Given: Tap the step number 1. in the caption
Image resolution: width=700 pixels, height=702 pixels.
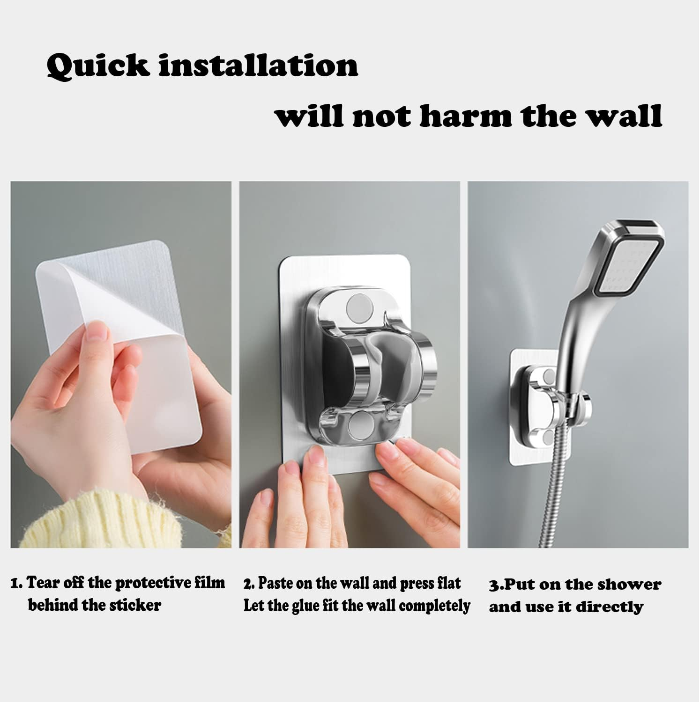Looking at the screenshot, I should (17, 584).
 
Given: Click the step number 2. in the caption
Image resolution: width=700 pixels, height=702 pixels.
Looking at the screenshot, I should (249, 584).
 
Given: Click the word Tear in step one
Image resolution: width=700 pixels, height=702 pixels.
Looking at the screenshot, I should (43, 583).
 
